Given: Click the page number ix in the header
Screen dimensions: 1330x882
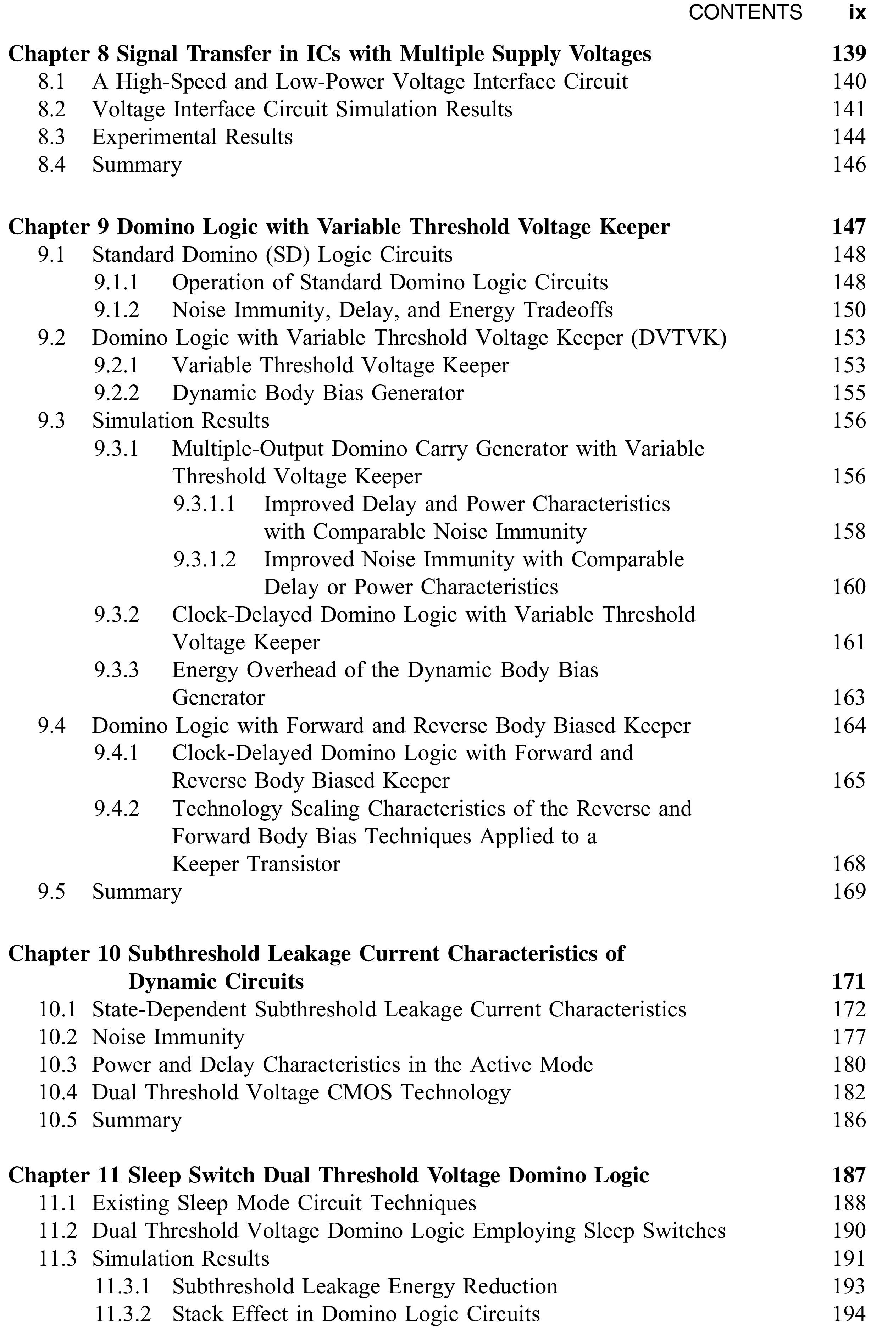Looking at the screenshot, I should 857,12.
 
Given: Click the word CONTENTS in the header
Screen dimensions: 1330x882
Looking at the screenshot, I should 745,12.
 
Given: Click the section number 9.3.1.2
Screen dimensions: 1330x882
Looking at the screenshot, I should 205,560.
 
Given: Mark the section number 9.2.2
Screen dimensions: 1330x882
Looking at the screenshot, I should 116,393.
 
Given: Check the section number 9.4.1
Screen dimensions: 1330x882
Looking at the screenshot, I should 116,753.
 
